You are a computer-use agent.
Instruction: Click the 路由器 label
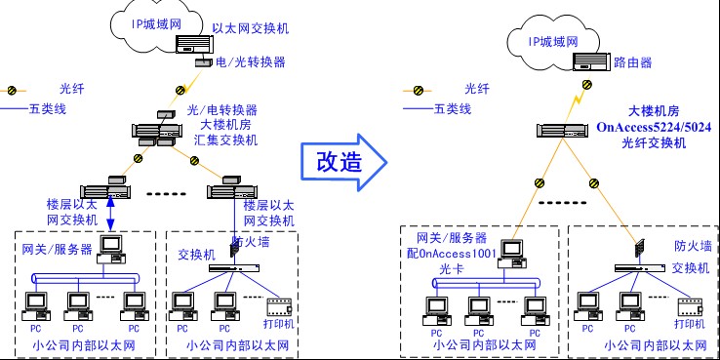coord(633,62)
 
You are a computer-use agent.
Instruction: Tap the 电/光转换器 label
coord(252,61)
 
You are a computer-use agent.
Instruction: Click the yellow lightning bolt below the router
coord(579,98)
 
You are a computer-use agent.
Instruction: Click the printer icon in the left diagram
coord(282,304)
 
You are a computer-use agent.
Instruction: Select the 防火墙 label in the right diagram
coord(691,248)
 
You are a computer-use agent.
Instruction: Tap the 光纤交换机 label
coord(655,142)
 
